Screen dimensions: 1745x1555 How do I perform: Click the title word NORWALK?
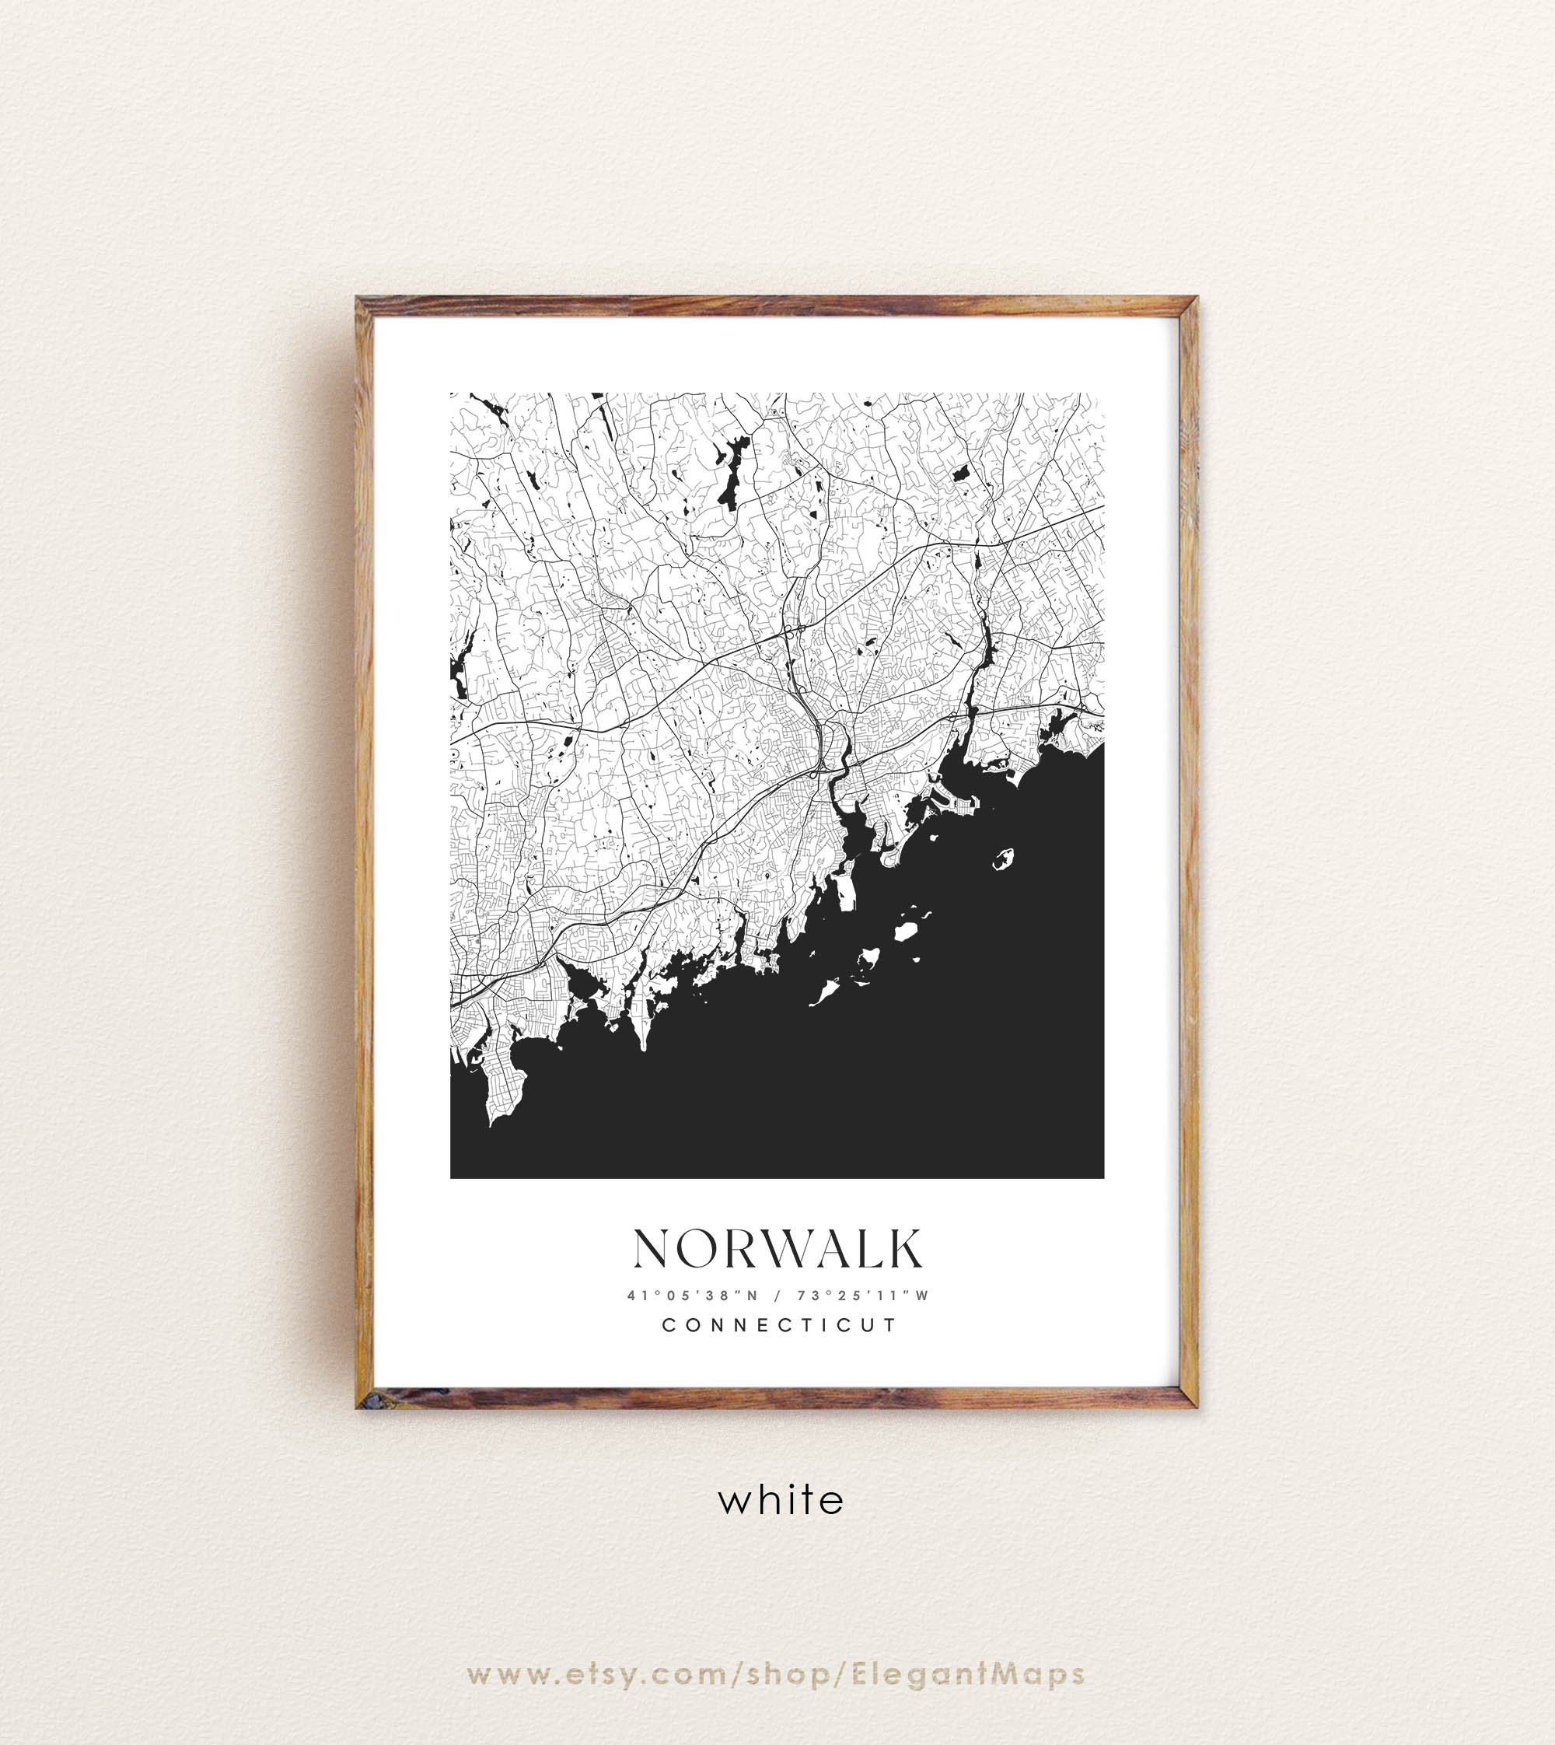[x=777, y=1250]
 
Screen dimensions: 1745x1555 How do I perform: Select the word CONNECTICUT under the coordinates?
[x=780, y=1325]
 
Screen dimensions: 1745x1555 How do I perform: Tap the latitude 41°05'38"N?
[x=693, y=1296]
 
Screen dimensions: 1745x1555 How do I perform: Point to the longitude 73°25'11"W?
[x=863, y=1296]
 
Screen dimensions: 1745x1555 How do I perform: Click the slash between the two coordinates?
[x=777, y=1296]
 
